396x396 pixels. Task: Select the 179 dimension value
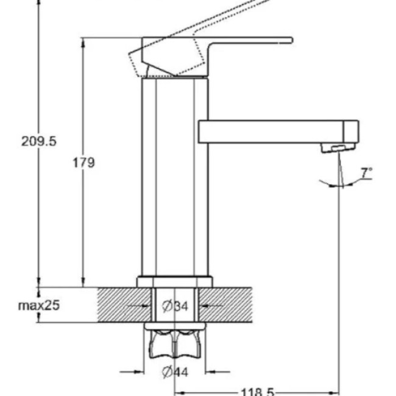(84, 163)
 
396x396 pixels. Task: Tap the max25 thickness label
(38, 305)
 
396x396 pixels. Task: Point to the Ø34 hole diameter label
(175, 306)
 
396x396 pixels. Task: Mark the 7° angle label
(366, 173)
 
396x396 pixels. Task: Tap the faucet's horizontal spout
(271, 132)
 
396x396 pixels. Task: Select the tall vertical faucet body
(174, 177)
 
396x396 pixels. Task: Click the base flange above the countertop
(174, 281)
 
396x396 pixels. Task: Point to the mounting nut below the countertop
(174, 344)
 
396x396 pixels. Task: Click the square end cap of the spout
(350, 130)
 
